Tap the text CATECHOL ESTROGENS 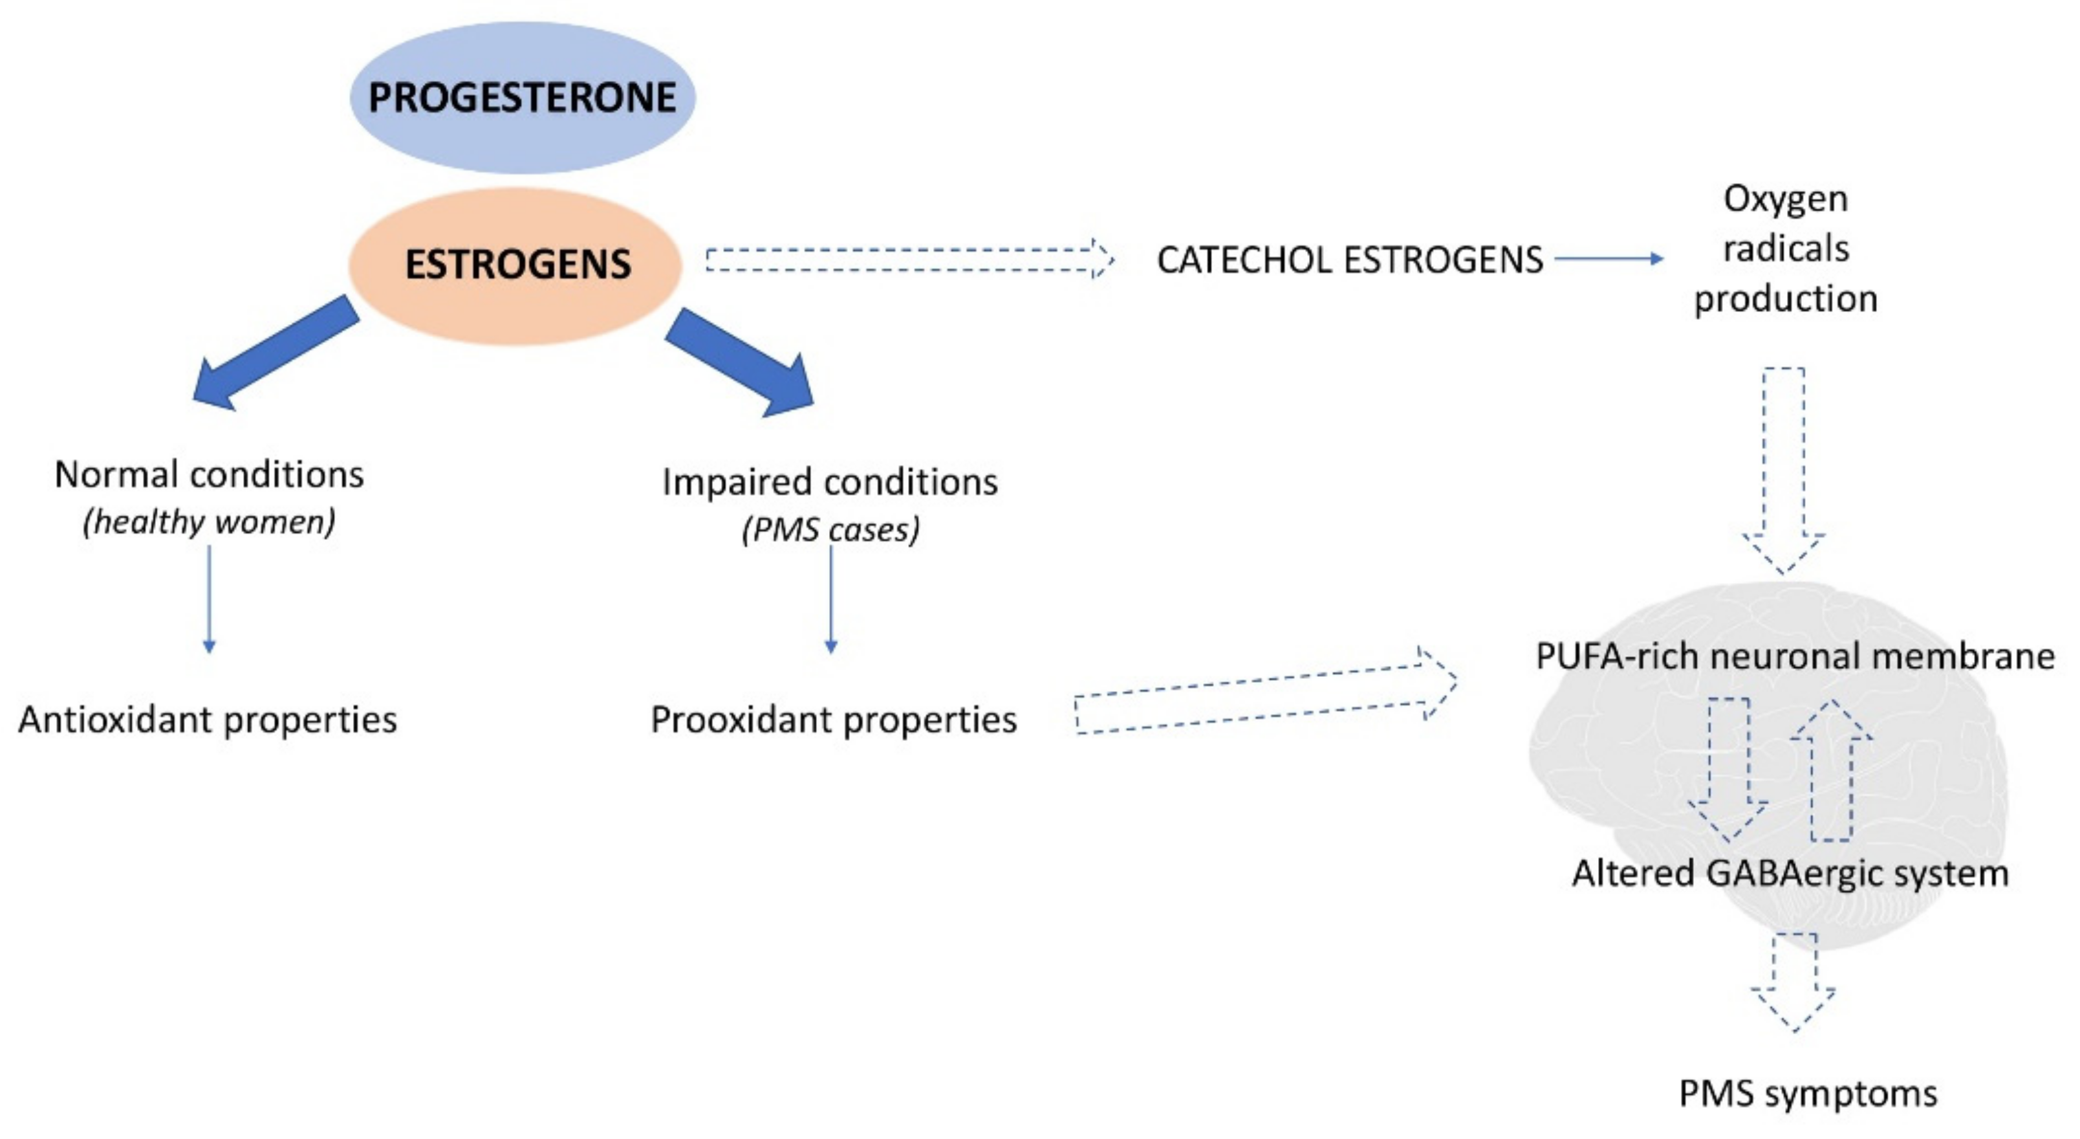(1349, 260)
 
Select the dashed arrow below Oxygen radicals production (1783, 469)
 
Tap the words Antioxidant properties (208, 719)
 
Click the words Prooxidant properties (833, 719)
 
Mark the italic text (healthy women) (209, 522)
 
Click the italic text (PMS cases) (831, 530)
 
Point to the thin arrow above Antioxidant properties (209, 598)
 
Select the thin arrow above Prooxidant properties (831, 598)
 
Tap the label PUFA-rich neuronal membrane (1794, 656)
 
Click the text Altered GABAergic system (1790, 873)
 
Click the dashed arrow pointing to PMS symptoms (1793, 982)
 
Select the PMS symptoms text (1808, 1094)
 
